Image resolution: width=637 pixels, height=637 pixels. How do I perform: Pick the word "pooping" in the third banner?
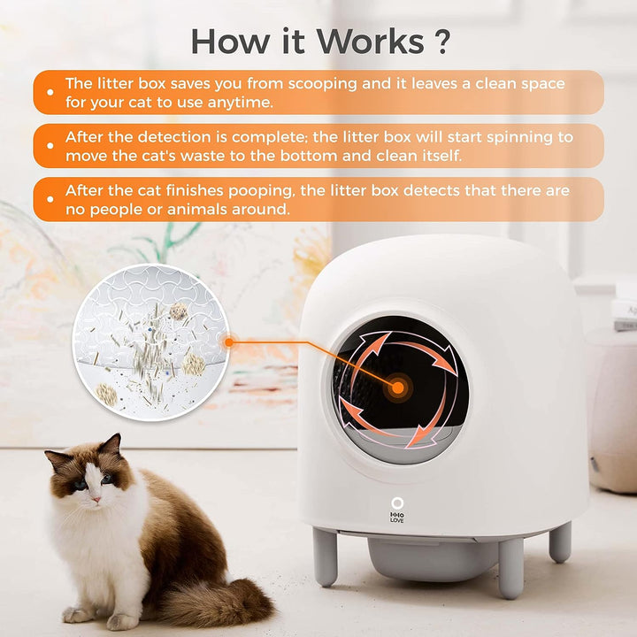[x=262, y=190]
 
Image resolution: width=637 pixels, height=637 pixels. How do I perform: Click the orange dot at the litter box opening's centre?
[x=396, y=387]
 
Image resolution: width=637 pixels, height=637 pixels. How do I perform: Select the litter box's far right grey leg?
[x=560, y=541]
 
